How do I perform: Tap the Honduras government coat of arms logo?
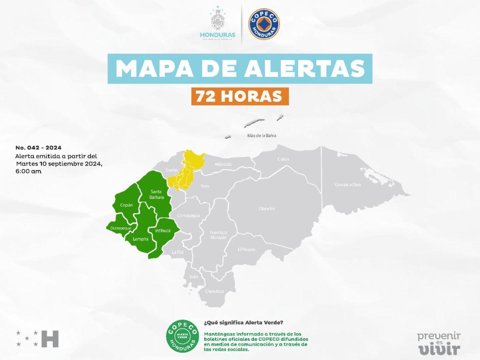(218, 22)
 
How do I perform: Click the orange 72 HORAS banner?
(240, 96)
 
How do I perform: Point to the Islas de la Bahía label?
(262, 136)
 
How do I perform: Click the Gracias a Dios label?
(348, 185)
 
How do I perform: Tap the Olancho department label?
(267, 208)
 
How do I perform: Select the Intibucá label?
(163, 231)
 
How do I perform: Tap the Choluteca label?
(214, 291)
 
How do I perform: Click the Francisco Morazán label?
(218, 235)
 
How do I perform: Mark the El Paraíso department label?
(246, 250)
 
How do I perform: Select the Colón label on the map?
(283, 159)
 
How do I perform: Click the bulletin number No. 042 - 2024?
(38, 148)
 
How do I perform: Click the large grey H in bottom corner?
(50, 338)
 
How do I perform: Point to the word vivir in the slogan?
(439, 349)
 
